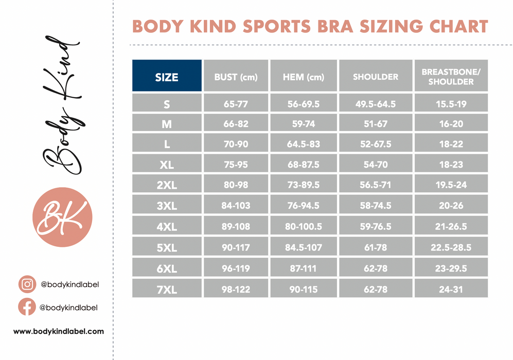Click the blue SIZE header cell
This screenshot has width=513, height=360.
click(x=167, y=77)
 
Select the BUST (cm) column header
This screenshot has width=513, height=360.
click(x=236, y=77)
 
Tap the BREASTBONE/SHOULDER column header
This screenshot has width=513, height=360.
click(x=451, y=77)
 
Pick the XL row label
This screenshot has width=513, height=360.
click(x=167, y=165)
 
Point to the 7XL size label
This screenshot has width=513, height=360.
click(x=167, y=289)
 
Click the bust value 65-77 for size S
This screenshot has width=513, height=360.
click(x=236, y=104)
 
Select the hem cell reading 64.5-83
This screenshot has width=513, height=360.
click(x=304, y=145)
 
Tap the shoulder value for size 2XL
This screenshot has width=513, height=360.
click(x=376, y=185)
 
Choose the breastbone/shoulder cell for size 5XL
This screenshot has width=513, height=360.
click(x=451, y=247)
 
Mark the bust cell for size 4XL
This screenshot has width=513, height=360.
click(x=236, y=227)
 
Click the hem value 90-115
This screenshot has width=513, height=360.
click(x=304, y=289)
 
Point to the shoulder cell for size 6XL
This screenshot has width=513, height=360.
click(x=376, y=268)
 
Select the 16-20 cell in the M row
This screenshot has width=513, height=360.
click(x=451, y=124)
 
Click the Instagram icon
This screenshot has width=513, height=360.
click(x=27, y=284)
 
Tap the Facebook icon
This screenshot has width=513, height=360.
click(x=27, y=307)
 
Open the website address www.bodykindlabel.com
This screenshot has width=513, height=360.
click(x=58, y=332)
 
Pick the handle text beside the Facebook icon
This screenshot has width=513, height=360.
click(x=69, y=308)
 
